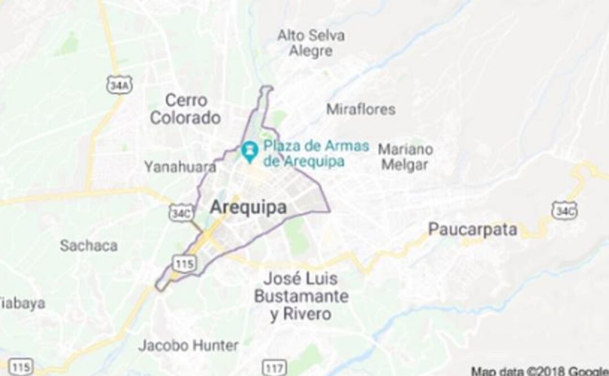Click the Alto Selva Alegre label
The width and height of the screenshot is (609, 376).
click(x=311, y=43)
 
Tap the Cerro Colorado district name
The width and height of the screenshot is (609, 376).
click(x=185, y=109)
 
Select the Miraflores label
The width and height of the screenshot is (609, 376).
click(x=361, y=109)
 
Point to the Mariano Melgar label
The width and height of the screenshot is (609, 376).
click(x=405, y=157)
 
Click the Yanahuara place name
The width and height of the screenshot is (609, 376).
click(x=179, y=167)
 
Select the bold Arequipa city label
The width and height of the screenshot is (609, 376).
click(x=248, y=207)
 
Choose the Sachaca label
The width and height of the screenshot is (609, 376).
click(x=89, y=246)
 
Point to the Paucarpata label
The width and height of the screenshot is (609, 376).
click(x=473, y=229)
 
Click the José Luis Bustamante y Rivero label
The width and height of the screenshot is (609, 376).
click(x=301, y=296)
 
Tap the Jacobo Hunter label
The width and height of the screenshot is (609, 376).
click(x=188, y=345)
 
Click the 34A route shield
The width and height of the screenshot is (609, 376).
click(x=118, y=85)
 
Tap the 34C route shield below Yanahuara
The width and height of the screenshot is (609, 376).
click(x=181, y=212)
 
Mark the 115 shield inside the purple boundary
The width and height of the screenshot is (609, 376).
click(x=185, y=263)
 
